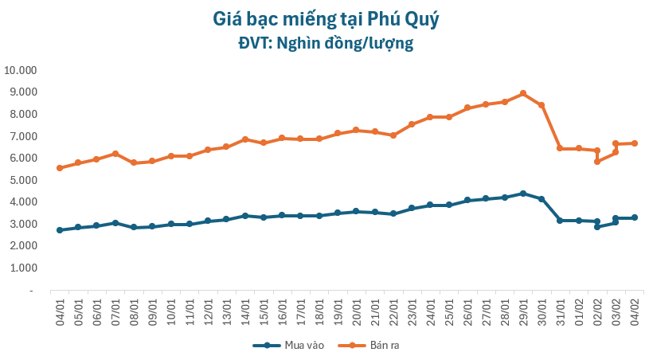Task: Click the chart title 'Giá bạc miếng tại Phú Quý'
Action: pos(325,18)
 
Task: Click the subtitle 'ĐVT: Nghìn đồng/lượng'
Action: pos(325,43)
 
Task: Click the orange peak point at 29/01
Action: pos(523,93)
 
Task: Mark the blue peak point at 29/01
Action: pos(523,194)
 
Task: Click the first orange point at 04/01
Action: pos(60,168)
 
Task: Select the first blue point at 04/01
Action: pos(60,230)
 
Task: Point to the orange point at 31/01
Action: pos(560,148)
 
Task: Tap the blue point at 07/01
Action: pos(115,223)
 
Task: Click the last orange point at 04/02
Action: pos(635,143)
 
